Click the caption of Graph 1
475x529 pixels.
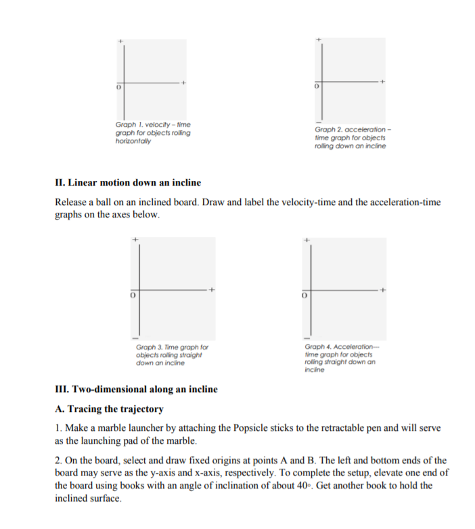tap(153, 132)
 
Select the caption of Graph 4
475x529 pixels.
tap(340, 359)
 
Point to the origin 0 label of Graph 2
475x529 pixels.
tap(315, 89)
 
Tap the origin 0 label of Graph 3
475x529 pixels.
tap(134, 296)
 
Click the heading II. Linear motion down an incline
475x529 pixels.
tap(128, 183)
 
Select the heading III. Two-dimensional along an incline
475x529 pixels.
tap(136, 389)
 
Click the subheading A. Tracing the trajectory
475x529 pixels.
tap(109, 409)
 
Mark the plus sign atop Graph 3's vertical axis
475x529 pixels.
tap(135, 240)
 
